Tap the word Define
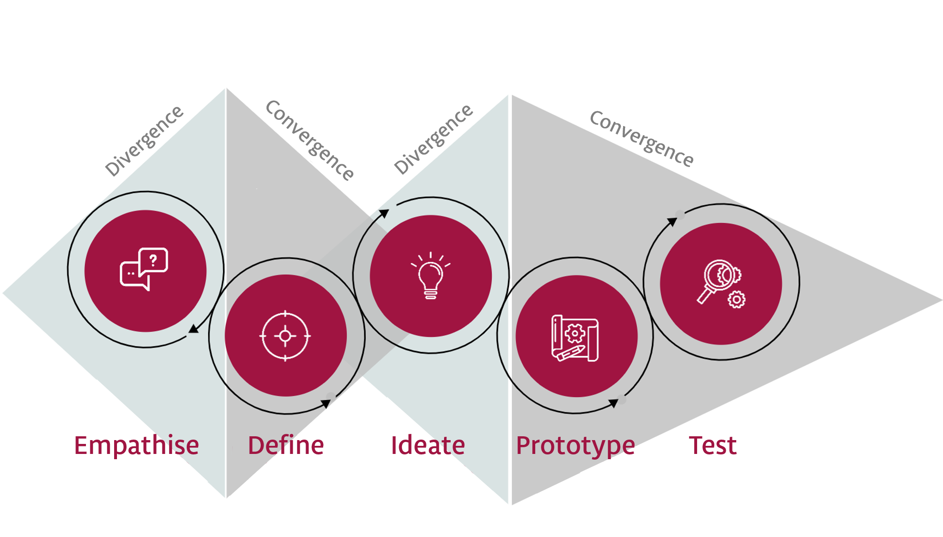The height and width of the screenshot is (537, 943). point(286,445)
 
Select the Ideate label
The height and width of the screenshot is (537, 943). point(428,445)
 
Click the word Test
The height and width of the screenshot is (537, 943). point(713,445)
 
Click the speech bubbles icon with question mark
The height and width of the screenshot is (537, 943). point(144,269)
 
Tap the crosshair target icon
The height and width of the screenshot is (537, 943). point(285,336)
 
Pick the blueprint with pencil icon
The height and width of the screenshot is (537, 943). point(575,338)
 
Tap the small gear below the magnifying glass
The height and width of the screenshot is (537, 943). point(737,299)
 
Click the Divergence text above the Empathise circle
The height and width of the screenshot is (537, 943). point(144,141)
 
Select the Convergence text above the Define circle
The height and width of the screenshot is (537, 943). point(310,140)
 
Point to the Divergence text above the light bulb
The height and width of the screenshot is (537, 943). point(433,139)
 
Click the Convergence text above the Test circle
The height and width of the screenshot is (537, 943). point(642,138)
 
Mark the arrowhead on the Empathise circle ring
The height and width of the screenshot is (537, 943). point(193,328)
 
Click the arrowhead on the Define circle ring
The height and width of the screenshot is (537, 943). point(326,404)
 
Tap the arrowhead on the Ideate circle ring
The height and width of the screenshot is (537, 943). point(384,213)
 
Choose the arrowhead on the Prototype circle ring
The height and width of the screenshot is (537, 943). point(614,403)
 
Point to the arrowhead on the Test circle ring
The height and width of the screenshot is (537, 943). point(672,221)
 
